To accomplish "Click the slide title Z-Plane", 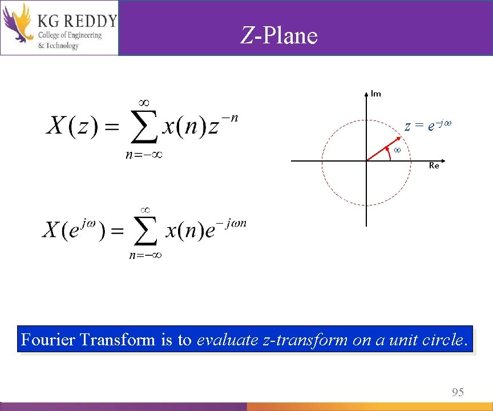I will click(278, 36).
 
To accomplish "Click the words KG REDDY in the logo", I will click(76, 21).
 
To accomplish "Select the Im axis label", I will click(376, 94).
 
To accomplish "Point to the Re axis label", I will click(434, 166).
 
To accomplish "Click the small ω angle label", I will click(398, 150).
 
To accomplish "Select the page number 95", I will click(458, 392).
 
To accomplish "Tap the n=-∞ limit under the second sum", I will click(146, 256).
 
